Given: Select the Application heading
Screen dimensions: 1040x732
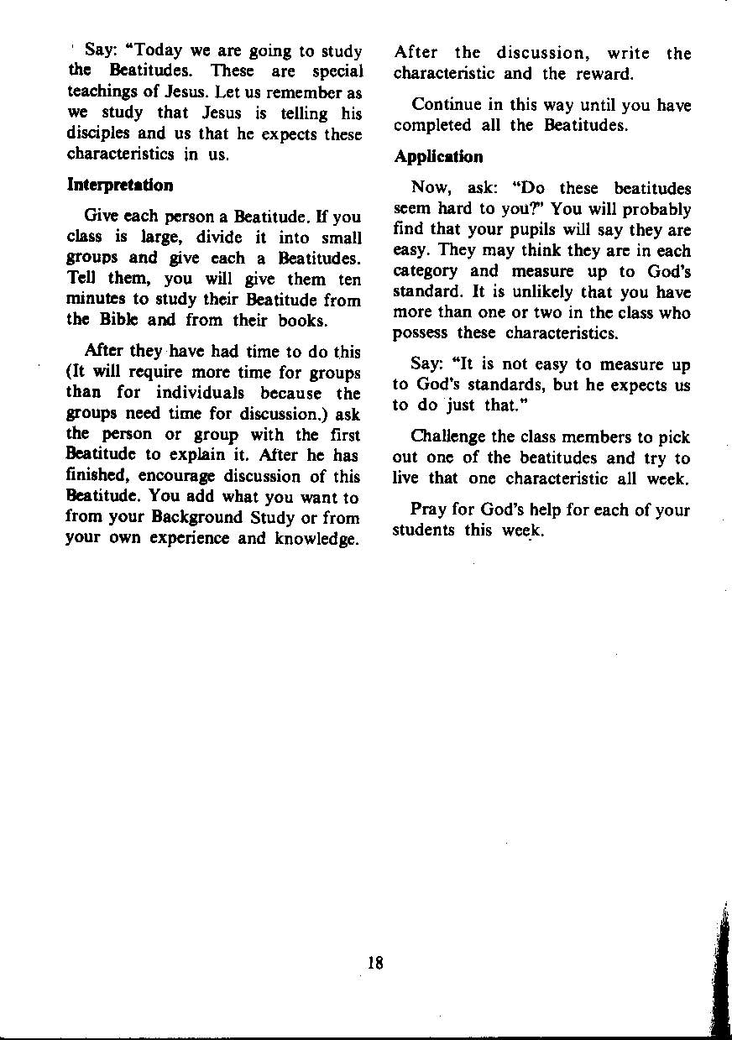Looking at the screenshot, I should click(x=437, y=157).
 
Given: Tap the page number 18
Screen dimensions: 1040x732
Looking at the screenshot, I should click(x=374, y=964).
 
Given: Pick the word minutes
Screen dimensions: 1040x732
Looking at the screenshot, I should click(x=97, y=300).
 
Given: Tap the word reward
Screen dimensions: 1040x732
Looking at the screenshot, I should click(x=603, y=74).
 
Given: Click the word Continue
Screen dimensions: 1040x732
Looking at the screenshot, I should click(x=446, y=106).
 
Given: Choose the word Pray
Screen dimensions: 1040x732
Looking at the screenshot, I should click(x=428, y=510).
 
